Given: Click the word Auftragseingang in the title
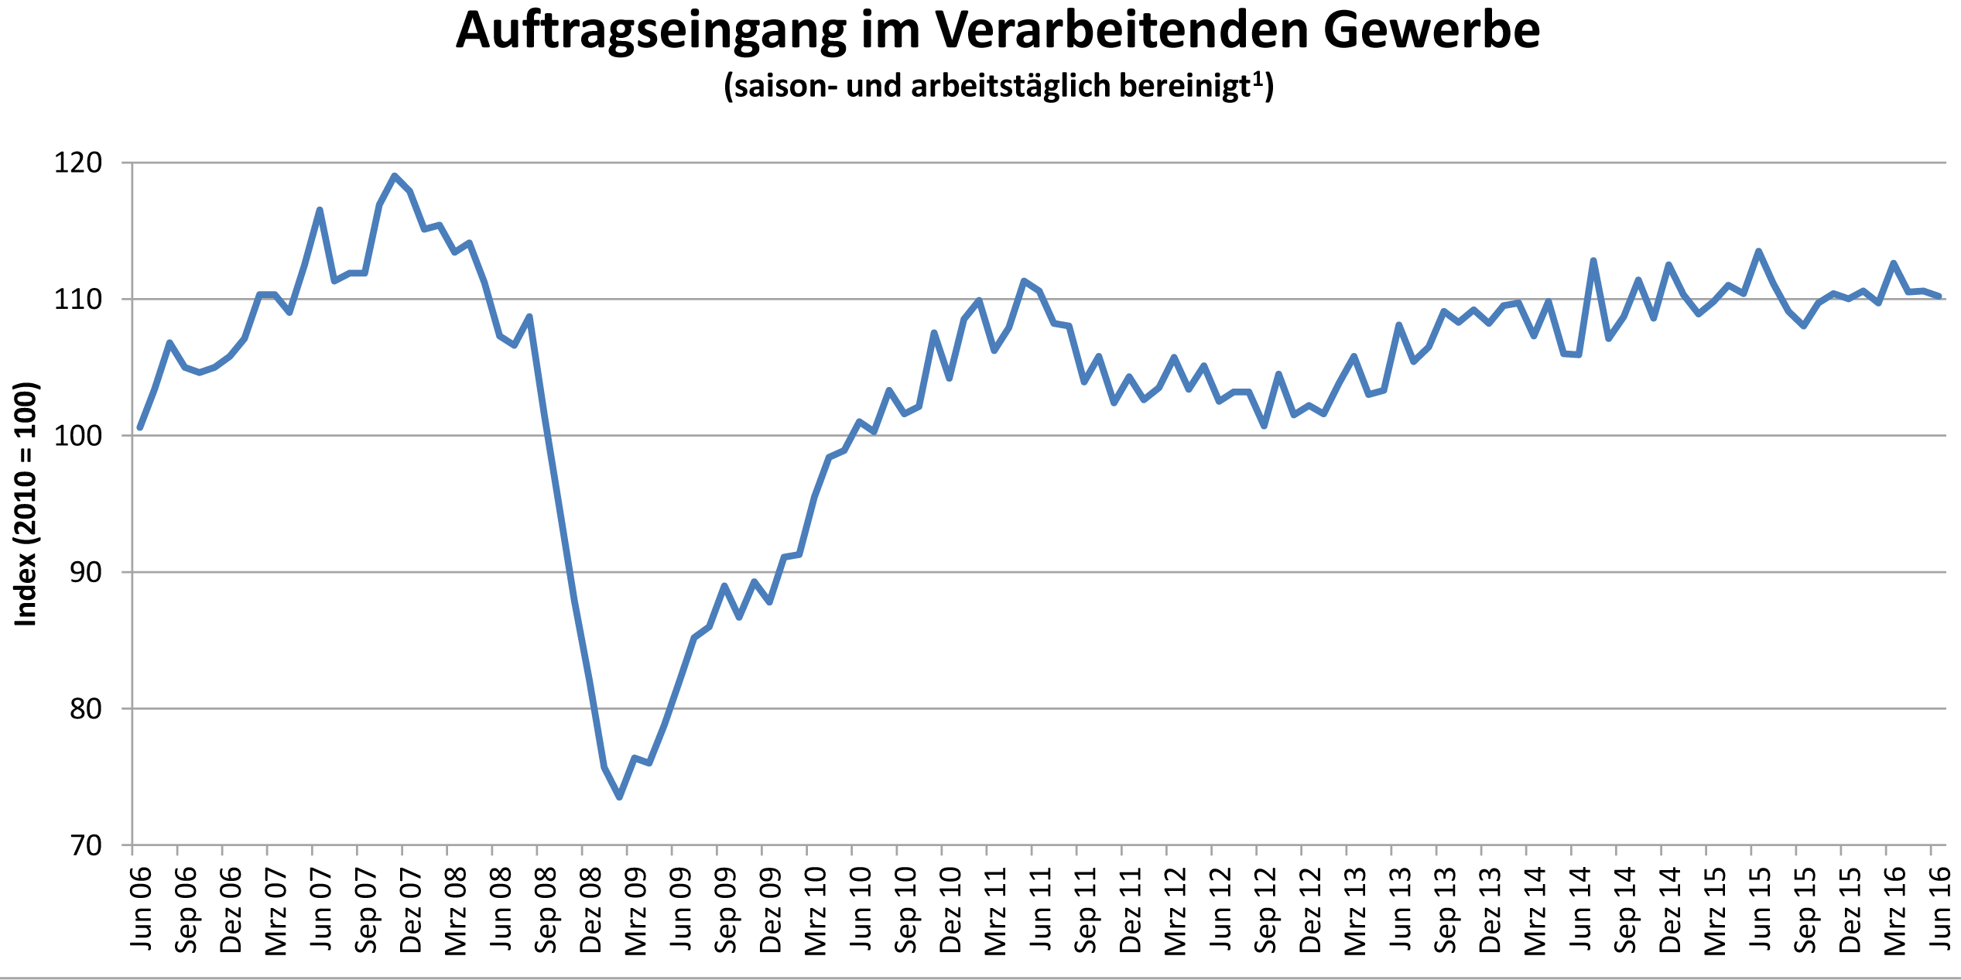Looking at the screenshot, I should pos(651,33).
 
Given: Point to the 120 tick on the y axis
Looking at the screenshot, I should pos(77,163).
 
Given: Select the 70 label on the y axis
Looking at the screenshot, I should pos(85,845).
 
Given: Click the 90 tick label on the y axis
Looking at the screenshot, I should pos(85,573).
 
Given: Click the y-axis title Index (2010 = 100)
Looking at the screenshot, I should pos(26,504).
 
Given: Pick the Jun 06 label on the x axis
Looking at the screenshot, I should pos(142,910).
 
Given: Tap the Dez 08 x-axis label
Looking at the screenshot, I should pos(591,910).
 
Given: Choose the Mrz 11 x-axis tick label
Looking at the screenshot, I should pos(996,910).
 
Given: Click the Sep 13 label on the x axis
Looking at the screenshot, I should pos(1446,910).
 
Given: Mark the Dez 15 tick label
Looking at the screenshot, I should pos(1850,910).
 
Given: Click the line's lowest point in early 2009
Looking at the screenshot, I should pos(620,797).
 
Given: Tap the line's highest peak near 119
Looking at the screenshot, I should pos(395,176).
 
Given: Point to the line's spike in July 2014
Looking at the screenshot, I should pos(1593,261).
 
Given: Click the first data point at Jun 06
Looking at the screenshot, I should pos(140,427).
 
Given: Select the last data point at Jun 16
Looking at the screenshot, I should pos(1939,296).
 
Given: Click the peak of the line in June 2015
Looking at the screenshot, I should pos(1759,251).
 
